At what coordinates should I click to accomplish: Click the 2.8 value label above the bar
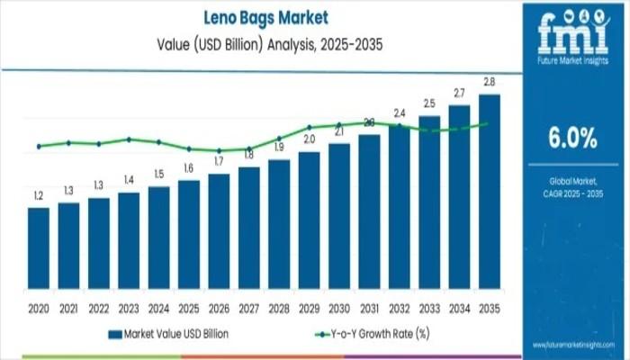490,83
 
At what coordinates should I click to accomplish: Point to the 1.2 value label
39,195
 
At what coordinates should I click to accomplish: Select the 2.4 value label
400,113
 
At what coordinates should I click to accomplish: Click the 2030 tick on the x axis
339,307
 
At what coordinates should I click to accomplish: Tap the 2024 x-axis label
158,307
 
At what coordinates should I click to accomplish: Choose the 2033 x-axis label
429,307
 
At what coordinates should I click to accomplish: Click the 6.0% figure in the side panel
572,138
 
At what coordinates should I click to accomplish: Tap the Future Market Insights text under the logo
572,61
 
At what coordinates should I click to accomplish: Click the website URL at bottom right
573,345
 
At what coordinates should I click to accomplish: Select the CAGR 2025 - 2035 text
572,193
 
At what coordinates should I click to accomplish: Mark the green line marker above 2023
129,139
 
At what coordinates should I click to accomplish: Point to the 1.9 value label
279,147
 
